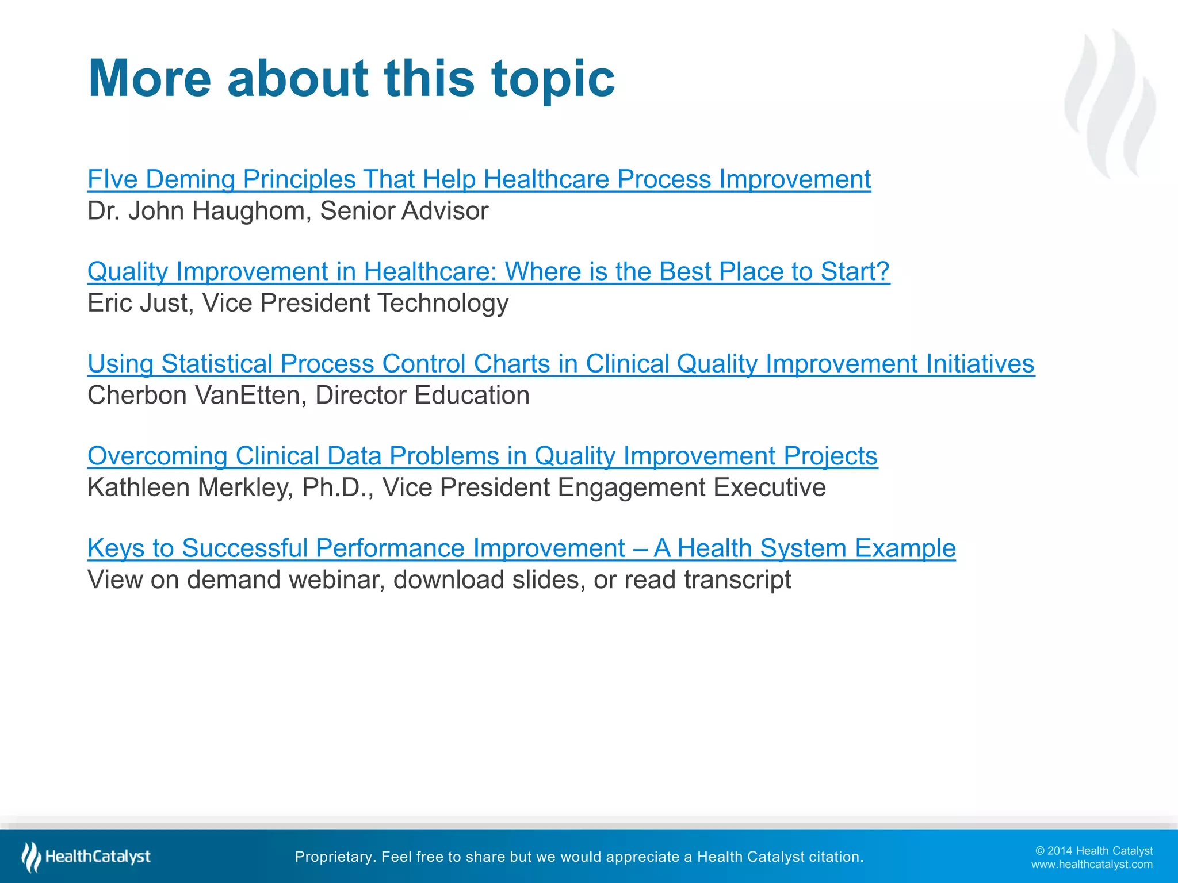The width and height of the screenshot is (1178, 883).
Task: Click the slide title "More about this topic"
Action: pyautogui.click(x=351, y=78)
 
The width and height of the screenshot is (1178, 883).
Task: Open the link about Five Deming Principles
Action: pyautogui.click(x=479, y=179)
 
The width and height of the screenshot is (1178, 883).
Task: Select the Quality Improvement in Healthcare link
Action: pyautogui.click(x=488, y=271)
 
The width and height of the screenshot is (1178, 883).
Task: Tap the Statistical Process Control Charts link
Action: pyautogui.click(x=560, y=364)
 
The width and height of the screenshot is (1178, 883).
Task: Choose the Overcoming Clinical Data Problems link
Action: pyautogui.click(x=482, y=456)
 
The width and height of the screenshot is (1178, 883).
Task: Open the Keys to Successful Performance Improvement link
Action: pyautogui.click(x=521, y=548)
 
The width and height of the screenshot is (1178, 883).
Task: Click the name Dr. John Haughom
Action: pyautogui.click(x=199, y=211)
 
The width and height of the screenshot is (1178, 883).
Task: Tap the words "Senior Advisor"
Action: pyautogui.click(x=404, y=211)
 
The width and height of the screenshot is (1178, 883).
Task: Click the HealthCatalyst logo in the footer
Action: pyautogui.click(x=86, y=857)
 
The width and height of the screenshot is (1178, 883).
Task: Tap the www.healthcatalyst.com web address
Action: pyautogui.click(x=1091, y=865)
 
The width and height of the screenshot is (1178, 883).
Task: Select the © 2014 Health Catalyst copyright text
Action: pyautogui.click(x=1093, y=851)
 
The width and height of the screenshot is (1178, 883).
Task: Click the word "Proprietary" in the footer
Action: pyautogui.click(x=334, y=857)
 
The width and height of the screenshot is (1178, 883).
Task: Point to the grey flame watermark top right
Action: pyautogui.click(x=1110, y=103)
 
